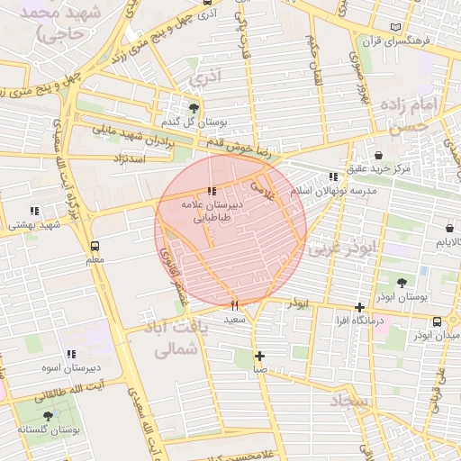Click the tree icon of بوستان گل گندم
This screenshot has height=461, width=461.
click(x=194, y=108)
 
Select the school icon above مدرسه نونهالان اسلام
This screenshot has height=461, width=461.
click(x=334, y=177)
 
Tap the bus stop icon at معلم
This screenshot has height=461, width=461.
click(x=95, y=245)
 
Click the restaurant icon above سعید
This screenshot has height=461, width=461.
click(x=235, y=304)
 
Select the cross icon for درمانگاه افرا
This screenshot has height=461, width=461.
click(x=360, y=307)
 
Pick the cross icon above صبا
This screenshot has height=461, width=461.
click(x=259, y=356)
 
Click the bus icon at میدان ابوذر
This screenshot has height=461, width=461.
click(x=437, y=321)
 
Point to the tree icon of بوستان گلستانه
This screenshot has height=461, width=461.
click(x=48, y=416)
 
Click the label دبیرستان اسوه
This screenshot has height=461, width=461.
click(x=70, y=368)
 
